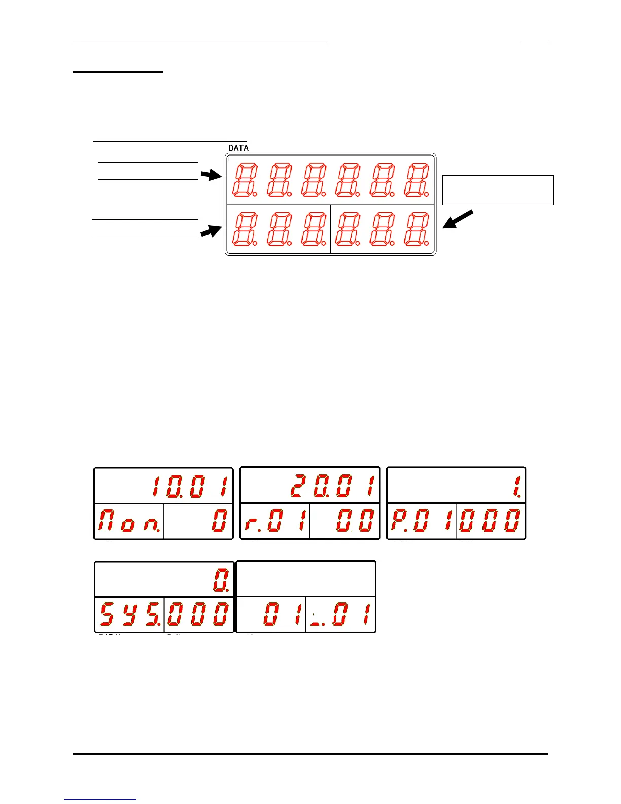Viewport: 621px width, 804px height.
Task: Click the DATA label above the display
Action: coord(238,148)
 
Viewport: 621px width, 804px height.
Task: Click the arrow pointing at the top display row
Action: coord(211,175)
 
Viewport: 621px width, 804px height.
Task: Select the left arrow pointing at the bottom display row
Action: coord(211,231)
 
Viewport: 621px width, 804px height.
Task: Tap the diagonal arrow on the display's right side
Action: coord(458,219)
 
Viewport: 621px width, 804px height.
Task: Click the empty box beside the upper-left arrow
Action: coord(148,171)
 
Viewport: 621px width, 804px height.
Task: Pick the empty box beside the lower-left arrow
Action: coord(145,227)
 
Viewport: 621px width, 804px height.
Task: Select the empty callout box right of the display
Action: coord(498,190)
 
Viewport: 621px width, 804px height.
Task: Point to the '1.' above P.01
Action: coord(517,486)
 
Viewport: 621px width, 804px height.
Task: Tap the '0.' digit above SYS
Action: coord(221,581)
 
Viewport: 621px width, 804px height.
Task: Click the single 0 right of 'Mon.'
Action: coord(219,521)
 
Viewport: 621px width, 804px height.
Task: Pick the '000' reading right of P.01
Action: coord(490,521)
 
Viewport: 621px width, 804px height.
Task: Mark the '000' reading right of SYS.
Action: coord(198,615)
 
